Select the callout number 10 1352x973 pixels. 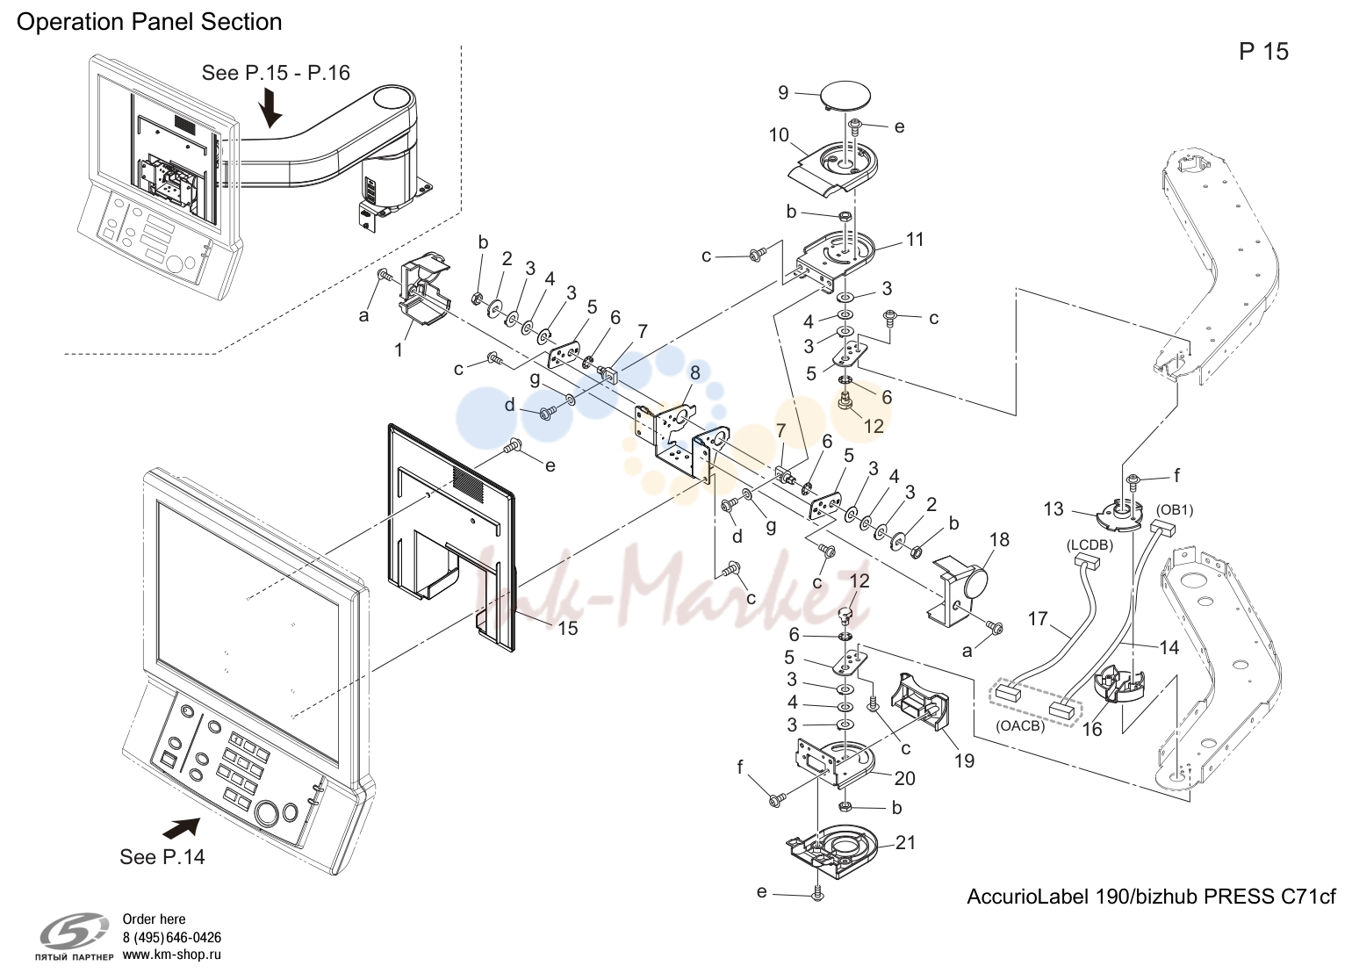coord(779,134)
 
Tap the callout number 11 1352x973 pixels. coord(915,240)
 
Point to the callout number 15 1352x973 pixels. coord(567,629)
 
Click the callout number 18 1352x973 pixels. coord(999,539)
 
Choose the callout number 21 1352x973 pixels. coord(905,842)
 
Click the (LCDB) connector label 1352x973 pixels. coord(1090,545)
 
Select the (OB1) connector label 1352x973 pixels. coord(1175,510)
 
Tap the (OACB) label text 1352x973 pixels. coord(1020,726)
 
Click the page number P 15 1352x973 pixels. coord(1264,51)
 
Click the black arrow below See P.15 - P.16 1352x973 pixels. coord(270,107)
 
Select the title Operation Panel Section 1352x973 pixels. coord(149,22)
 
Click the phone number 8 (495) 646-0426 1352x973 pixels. coord(172,937)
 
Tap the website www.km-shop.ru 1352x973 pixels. coord(172,955)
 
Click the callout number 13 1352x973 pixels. coord(1054,508)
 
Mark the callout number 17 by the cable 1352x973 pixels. coord(1038,619)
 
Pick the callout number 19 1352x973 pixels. coord(965,760)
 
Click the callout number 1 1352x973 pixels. coord(399,350)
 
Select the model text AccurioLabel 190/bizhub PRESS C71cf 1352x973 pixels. coord(1151,897)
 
